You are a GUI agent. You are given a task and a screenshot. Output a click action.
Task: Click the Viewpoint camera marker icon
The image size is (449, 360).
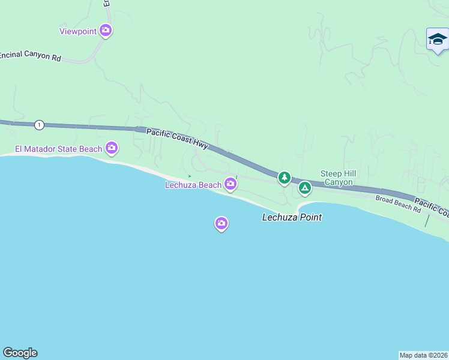pos(106,30)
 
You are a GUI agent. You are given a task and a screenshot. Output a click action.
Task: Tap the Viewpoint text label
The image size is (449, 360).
pos(78,31)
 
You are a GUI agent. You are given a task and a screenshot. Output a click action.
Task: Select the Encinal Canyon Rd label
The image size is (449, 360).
pos(31,55)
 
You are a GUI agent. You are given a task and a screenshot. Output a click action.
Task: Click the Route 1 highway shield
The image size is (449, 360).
pos(39,125)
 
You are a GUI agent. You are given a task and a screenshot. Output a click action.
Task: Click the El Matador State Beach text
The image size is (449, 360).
pos(59,149)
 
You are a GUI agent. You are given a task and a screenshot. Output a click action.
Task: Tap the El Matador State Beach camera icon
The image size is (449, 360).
pos(111,147)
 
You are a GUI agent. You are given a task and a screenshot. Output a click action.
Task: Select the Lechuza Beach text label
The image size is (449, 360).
pos(193,185)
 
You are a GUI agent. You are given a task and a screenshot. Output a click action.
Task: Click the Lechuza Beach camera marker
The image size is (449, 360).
pos(231,184)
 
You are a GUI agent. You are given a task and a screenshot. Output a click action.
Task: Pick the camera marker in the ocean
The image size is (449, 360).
pos(221,224)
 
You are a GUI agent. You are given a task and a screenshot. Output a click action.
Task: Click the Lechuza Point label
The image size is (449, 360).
pos(292,217)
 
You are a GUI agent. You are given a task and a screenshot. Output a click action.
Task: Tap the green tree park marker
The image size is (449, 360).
pos(284,177)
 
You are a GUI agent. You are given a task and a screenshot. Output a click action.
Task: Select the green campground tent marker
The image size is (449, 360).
pos(305,188)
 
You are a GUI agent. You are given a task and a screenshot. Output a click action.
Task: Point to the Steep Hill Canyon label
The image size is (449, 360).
pos(339,178)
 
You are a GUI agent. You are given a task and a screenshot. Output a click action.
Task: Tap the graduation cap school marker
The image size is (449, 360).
pos(438,40)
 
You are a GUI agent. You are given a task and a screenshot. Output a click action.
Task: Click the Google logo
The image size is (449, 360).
pos(20,353)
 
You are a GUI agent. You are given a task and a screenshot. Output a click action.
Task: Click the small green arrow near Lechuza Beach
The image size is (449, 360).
pos(189,176)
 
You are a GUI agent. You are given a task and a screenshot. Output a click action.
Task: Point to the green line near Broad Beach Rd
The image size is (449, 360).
pos(427,220)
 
